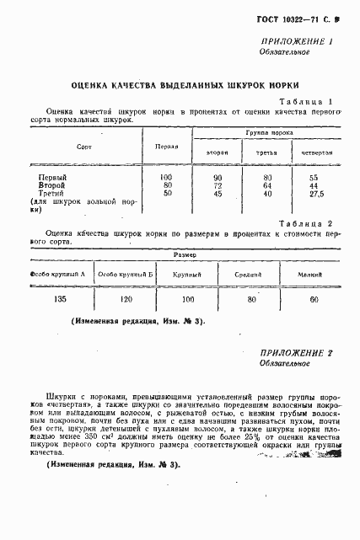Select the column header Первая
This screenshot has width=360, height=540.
[x=166, y=146]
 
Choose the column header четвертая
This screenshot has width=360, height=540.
[x=314, y=152]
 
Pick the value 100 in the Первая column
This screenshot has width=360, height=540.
[x=166, y=177]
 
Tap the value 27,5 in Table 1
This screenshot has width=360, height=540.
[x=314, y=194]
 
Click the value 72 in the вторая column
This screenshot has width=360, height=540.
[x=218, y=185]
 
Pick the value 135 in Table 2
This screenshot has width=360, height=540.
[x=59, y=300]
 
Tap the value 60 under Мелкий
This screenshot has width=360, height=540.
[x=314, y=299]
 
